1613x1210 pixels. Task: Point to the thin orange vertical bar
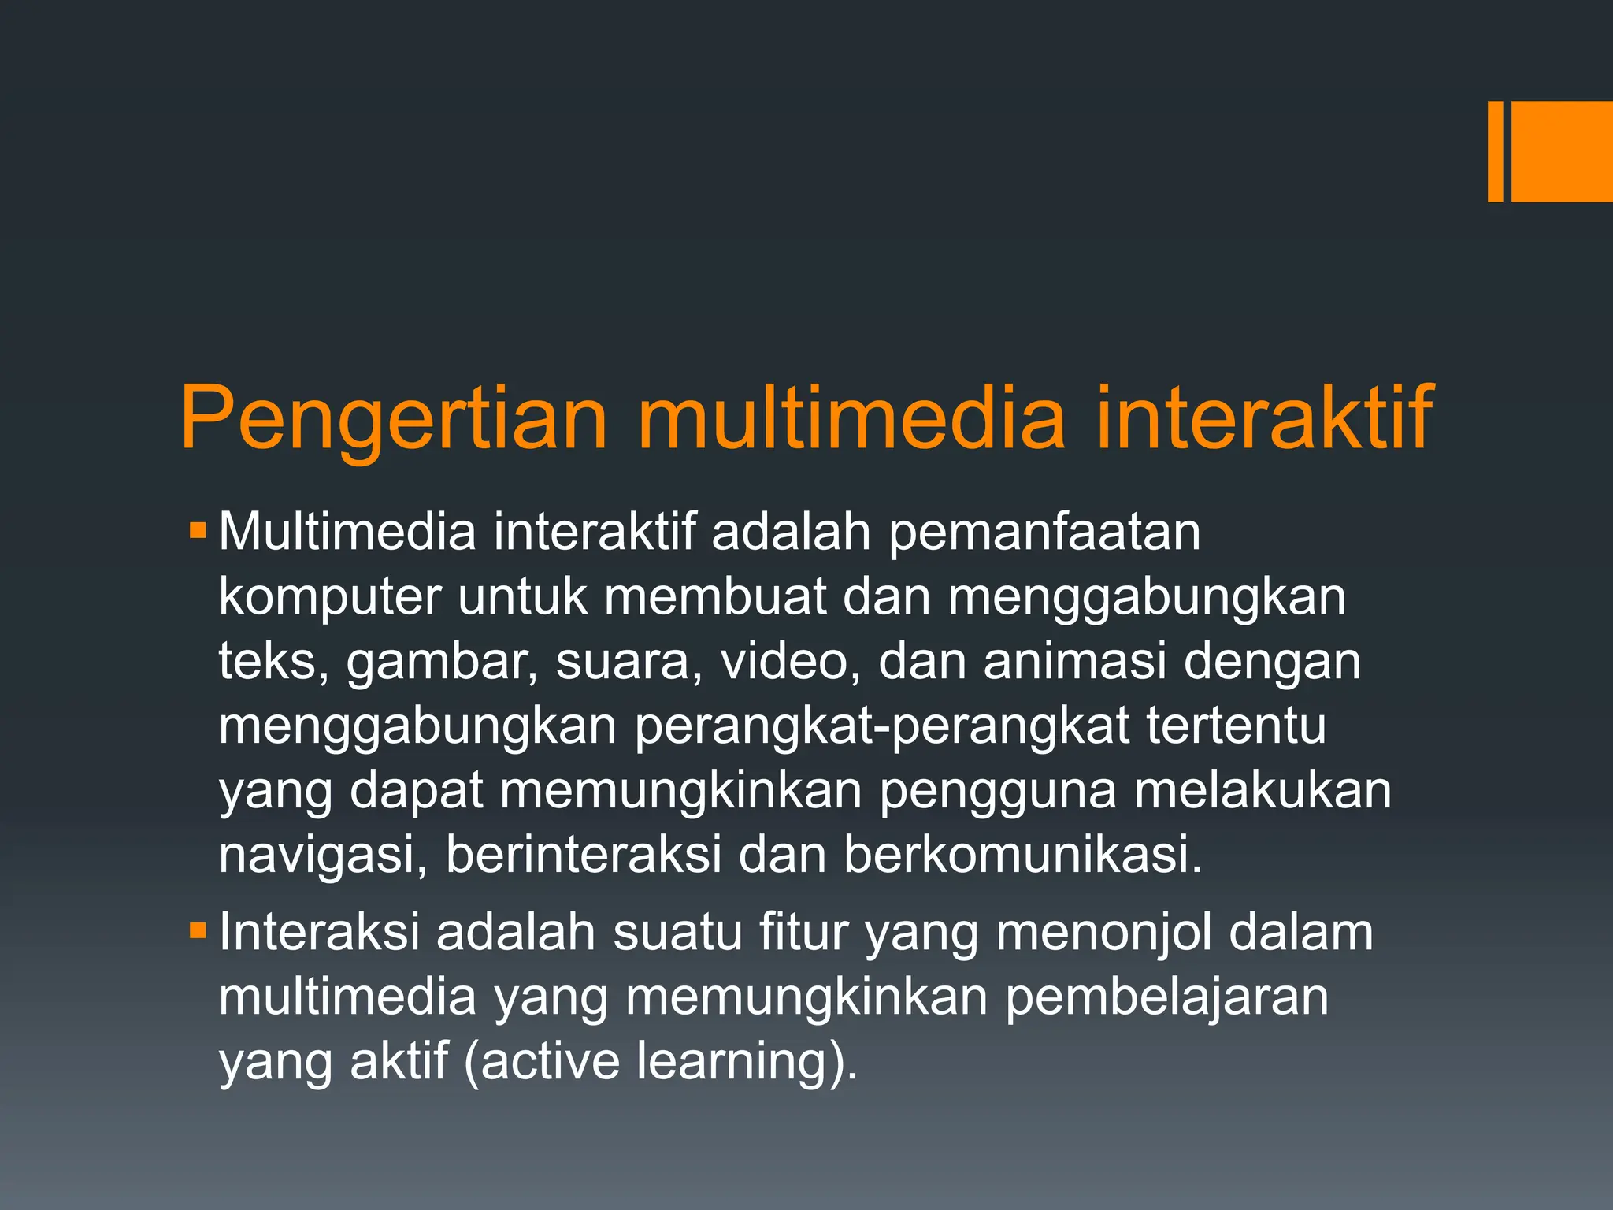1495,152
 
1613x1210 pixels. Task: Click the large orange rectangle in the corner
1562,152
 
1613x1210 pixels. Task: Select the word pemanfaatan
1044,533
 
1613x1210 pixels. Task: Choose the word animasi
1074,661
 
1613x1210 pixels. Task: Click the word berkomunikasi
1023,855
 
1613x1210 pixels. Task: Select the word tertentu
1236,726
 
